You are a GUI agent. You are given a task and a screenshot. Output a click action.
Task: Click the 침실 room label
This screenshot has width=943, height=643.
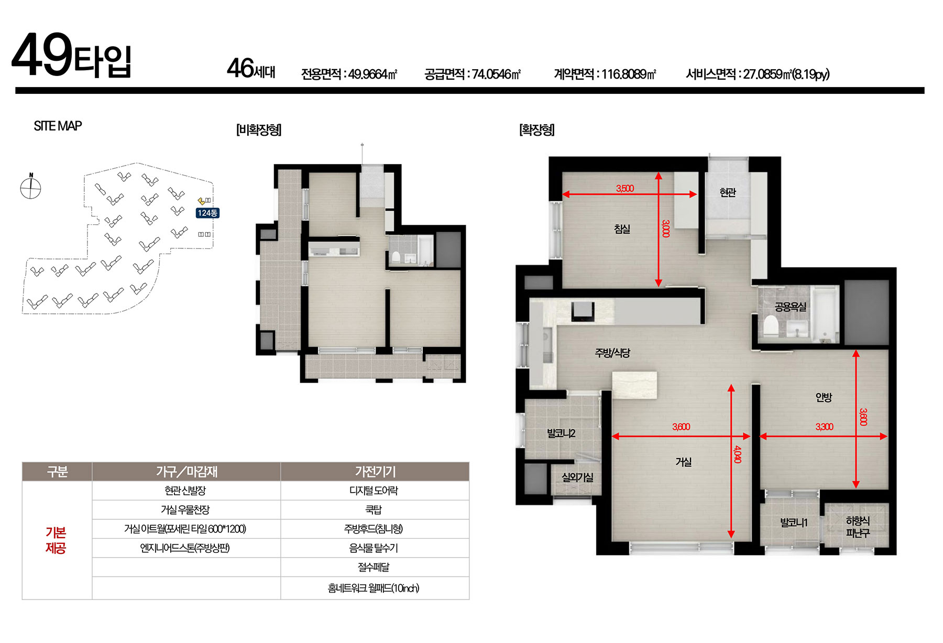click(x=622, y=229)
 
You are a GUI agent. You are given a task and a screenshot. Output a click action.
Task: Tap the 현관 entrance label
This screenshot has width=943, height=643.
click(x=728, y=193)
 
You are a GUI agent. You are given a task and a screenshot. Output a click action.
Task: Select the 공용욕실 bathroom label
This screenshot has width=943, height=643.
click(x=791, y=307)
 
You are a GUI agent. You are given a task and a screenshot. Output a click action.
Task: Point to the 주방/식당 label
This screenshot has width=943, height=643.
click(x=612, y=353)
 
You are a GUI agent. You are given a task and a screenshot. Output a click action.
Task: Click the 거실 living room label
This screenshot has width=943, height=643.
click(x=683, y=462)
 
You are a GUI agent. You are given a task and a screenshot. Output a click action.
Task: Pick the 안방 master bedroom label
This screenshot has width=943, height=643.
click(x=824, y=397)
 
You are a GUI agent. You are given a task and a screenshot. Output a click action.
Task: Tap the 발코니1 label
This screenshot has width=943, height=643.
click(x=794, y=522)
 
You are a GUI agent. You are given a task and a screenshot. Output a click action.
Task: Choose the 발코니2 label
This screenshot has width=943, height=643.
click(x=561, y=433)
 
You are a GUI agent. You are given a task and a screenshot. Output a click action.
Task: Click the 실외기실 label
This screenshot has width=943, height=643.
click(x=577, y=477)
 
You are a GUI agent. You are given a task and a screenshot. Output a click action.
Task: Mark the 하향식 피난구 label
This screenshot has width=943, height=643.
click(x=858, y=527)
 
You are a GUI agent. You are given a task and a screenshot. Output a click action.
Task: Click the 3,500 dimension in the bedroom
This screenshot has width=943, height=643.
click(x=625, y=189)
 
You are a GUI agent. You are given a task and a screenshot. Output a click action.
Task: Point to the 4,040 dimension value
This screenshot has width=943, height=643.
click(x=738, y=454)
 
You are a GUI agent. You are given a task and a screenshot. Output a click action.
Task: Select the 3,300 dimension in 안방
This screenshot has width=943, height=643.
click(x=824, y=427)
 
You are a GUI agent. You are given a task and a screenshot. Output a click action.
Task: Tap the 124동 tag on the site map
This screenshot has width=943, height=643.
click(x=207, y=213)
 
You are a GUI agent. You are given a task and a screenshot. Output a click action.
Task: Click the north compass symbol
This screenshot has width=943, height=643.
click(x=30, y=187)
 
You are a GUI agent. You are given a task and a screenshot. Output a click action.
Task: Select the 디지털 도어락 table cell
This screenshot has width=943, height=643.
click(x=374, y=491)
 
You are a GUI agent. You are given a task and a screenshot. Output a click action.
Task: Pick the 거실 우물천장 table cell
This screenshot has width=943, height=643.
click(x=185, y=509)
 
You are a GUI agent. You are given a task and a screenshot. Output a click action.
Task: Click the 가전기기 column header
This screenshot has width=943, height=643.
click(x=375, y=472)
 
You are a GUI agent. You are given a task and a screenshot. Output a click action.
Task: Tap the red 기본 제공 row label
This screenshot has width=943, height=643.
click(x=56, y=540)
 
